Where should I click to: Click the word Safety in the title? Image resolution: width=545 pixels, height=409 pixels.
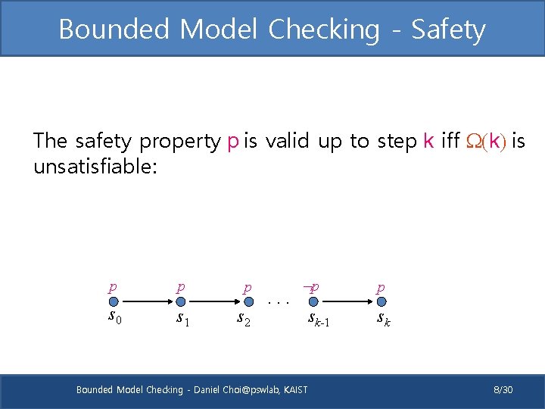click(448, 30)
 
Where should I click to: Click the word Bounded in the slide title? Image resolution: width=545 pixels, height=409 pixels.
click(114, 30)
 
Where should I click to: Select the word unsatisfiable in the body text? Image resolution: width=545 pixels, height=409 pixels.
click(95, 166)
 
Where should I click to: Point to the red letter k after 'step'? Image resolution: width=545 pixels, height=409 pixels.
click(428, 141)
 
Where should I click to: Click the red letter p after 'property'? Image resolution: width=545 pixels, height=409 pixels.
click(233, 142)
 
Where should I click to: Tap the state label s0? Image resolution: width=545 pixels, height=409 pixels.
click(116, 316)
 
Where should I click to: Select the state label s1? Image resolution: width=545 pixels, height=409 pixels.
click(182, 317)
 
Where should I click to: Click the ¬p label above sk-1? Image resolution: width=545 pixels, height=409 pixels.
click(310, 288)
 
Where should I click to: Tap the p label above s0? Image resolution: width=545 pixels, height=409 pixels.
click(113, 288)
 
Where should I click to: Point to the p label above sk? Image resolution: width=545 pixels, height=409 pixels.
click(381, 288)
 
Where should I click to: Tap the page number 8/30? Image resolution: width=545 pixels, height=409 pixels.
click(503, 389)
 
